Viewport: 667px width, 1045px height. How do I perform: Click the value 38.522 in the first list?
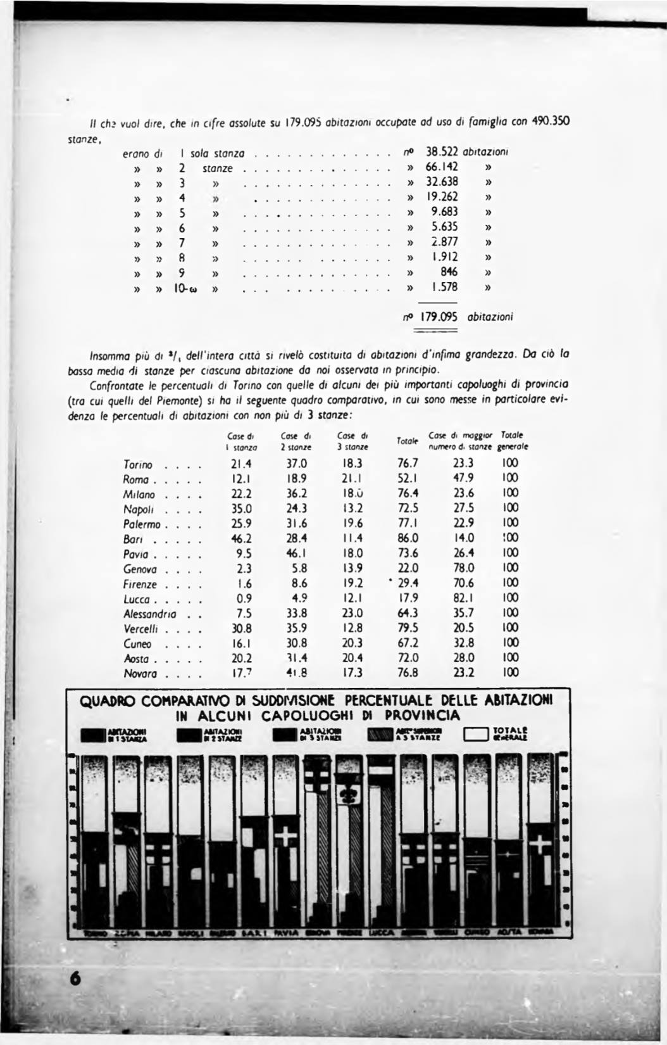442,153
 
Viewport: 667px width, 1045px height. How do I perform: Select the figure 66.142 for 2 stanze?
442,168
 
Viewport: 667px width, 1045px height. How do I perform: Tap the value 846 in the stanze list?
449,272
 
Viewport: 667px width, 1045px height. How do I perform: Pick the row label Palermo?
142,524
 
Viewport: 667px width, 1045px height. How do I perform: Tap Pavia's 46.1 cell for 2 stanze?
296,554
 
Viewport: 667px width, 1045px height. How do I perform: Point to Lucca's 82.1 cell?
463,598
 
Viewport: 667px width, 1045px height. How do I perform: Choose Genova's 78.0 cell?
463,569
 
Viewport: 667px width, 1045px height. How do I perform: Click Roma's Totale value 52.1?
407,479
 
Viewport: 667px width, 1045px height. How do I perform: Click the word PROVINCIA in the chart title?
422,716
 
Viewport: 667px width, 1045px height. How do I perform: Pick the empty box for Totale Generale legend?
475,733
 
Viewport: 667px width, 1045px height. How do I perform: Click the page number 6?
77,978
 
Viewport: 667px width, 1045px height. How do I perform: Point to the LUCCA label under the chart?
382,932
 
